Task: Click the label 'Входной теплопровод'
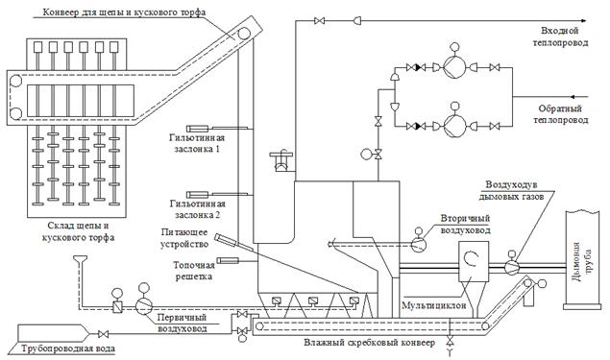tap(560, 36)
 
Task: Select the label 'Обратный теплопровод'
tap(561, 114)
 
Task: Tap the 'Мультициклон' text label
tap(434, 305)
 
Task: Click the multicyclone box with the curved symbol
tap(474, 261)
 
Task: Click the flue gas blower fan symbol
tap(512, 267)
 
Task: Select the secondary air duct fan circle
tap(419, 244)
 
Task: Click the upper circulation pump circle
tap(454, 67)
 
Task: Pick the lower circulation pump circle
tap(454, 126)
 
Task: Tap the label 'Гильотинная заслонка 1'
tap(197, 143)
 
